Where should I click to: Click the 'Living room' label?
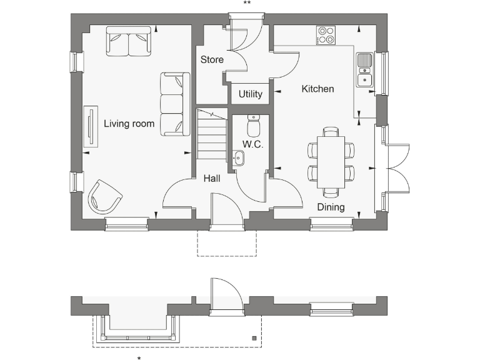point(129,124)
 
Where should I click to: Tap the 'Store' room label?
point(212,60)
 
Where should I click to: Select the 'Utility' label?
point(250,94)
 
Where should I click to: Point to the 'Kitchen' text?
point(317,89)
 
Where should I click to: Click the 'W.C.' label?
point(252,144)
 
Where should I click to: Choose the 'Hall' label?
point(212,179)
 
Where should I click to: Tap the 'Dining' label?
point(331,207)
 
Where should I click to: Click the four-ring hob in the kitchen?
point(325,35)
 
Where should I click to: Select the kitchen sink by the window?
point(364,69)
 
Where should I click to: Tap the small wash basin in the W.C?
point(238,159)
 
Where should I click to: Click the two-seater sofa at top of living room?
point(129,41)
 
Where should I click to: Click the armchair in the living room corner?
point(104,196)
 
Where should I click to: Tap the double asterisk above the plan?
point(247,4)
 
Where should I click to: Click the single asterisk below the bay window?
point(139,357)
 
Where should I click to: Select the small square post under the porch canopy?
point(254,338)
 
